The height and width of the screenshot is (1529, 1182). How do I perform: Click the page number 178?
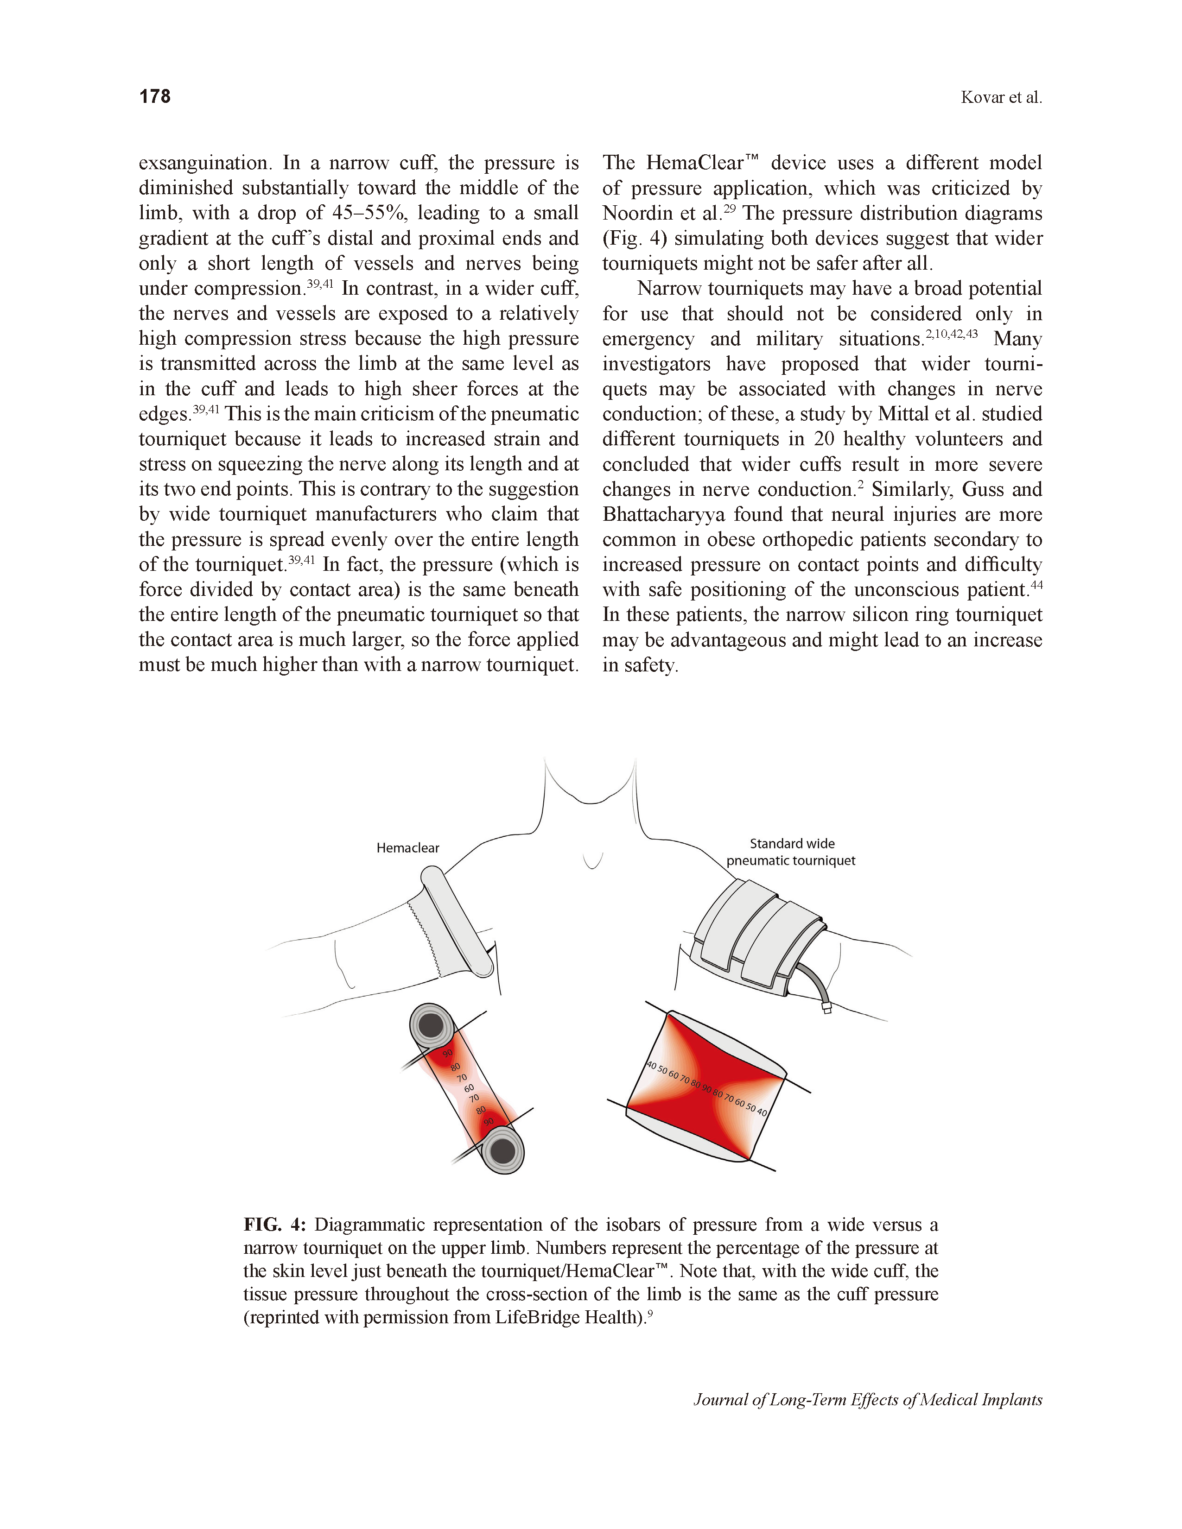(x=155, y=97)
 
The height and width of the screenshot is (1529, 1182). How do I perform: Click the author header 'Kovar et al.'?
(x=1001, y=97)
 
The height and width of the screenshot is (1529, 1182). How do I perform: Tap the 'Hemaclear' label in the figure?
(x=407, y=848)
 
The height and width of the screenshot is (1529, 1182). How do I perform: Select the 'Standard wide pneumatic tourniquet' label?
(x=791, y=852)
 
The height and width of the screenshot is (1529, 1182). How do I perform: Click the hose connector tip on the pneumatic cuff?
(x=826, y=1009)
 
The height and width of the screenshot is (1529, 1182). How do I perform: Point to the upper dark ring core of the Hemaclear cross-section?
(x=431, y=1026)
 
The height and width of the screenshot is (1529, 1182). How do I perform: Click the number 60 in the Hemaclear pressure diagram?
(x=469, y=1088)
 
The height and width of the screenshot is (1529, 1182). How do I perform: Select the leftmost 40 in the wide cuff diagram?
(x=651, y=1066)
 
